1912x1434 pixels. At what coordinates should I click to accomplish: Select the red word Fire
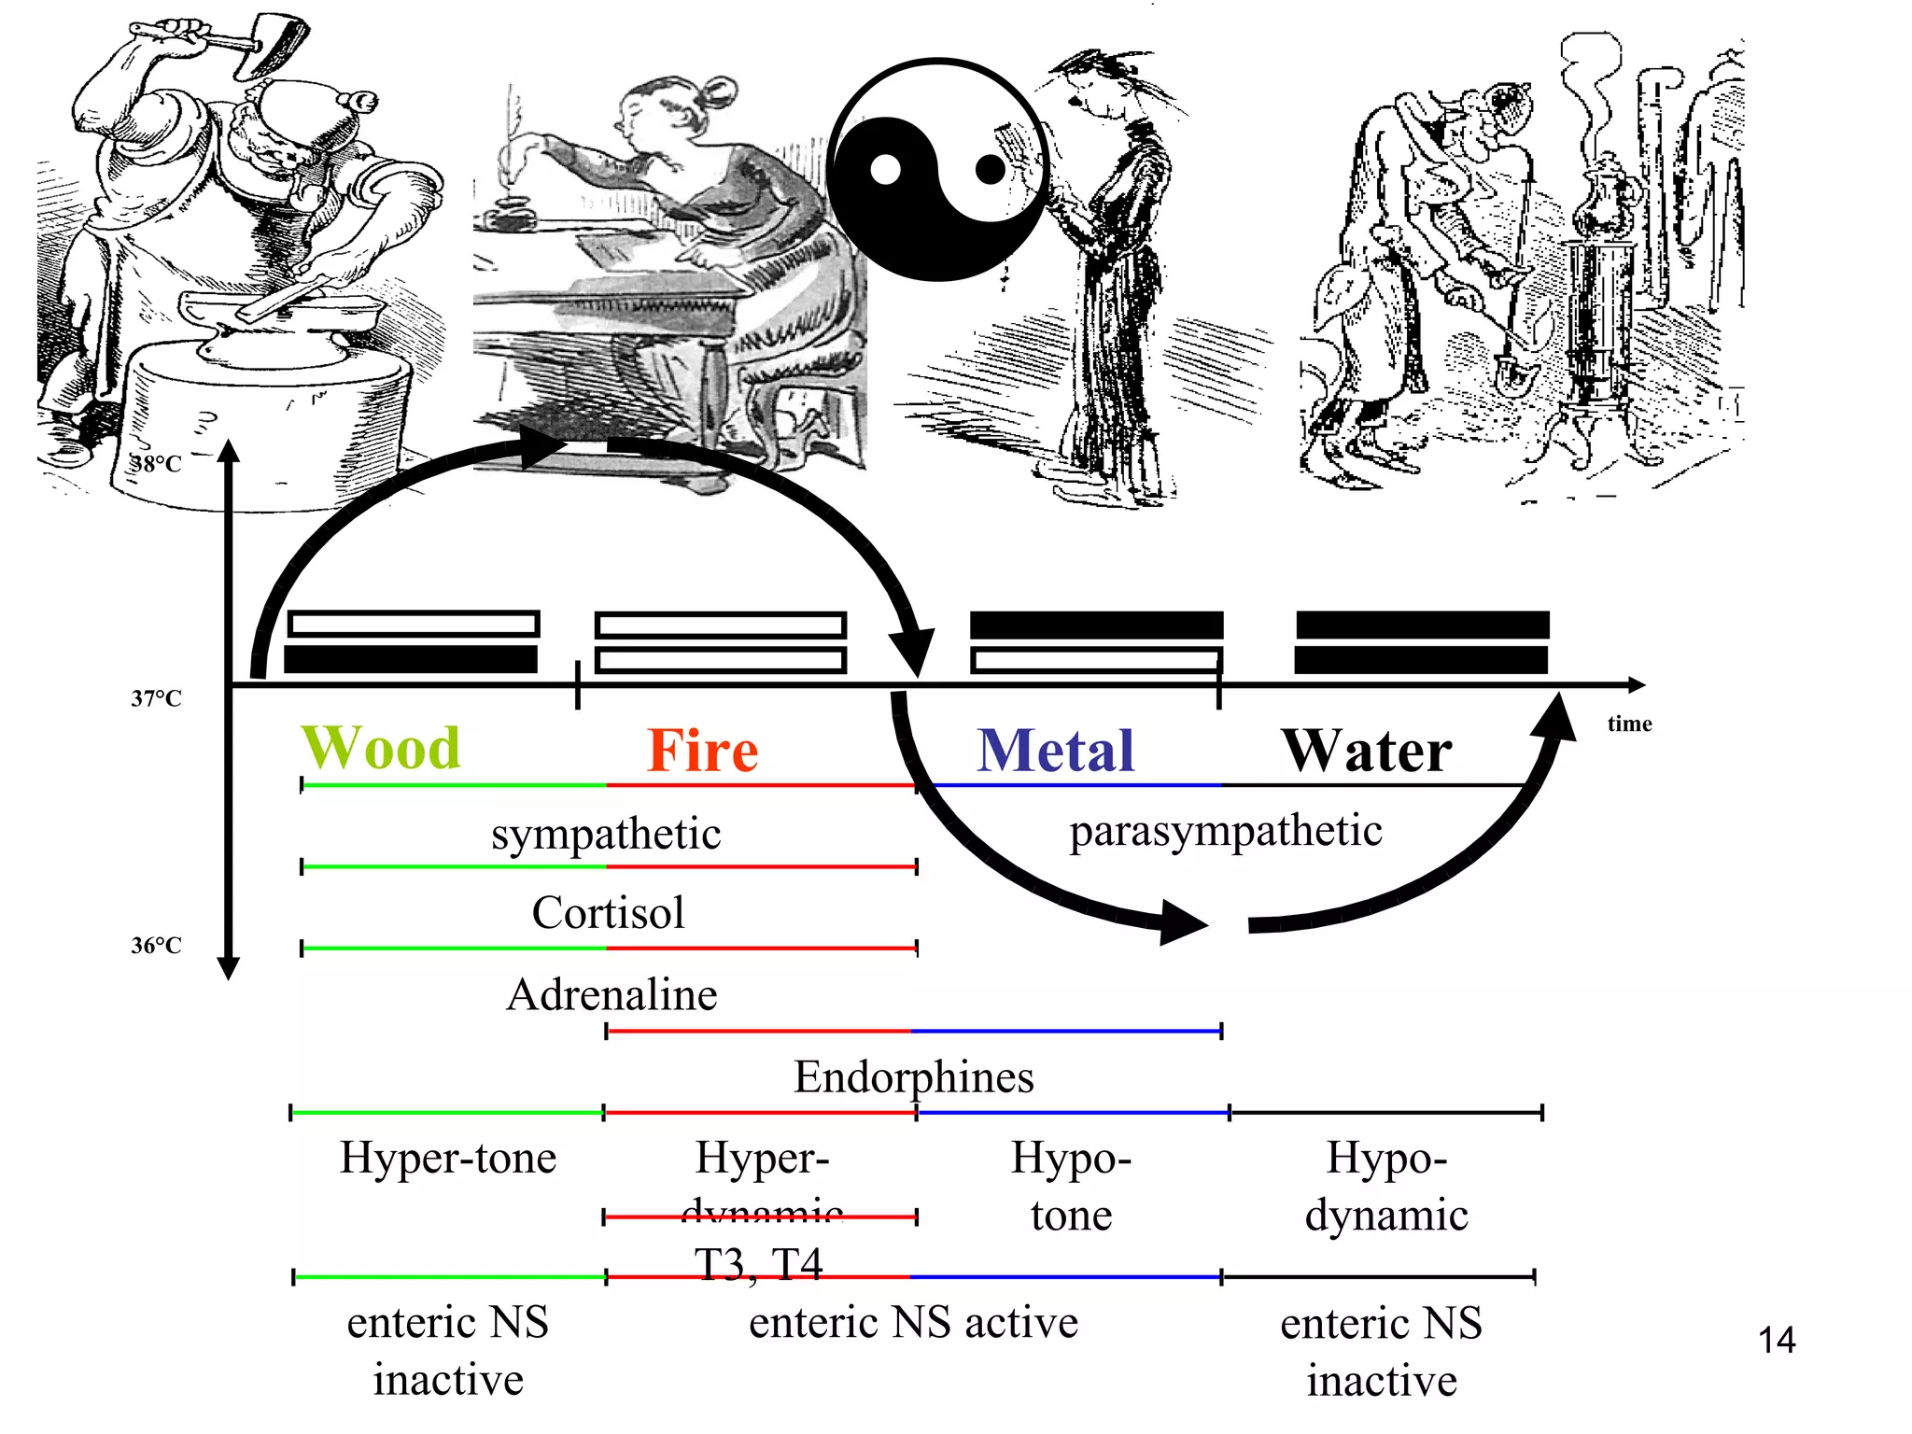pyautogui.click(x=703, y=751)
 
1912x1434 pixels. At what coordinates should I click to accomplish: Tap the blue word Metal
pyautogui.click(x=1056, y=751)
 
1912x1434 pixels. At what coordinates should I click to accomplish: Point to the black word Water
pyautogui.click(x=1367, y=751)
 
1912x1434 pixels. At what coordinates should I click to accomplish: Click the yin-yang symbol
pyautogui.click(x=938, y=169)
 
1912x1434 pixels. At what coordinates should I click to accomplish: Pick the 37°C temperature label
pyautogui.click(x=156, y=698)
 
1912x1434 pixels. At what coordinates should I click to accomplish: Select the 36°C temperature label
pyautogui.click(x=156, y=946)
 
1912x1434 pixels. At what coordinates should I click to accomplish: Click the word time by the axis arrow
pyautogui.click(x=1629, y=724)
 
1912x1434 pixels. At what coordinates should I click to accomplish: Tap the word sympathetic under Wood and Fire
pyautogui.click(x=606, y=834)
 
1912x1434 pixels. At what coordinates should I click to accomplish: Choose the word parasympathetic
pyautogui.click(x=1225, y=830)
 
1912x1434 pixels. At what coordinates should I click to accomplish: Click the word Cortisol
pyautogui.click(x=608, y=912)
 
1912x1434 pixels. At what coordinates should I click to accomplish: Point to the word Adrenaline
pyautogui.click(x=612, y=994)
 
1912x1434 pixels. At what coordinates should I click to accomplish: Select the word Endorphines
pyautogui.click(x=914, y=1076)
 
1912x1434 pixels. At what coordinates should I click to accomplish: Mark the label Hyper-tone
pyautogui.click(x=448, y=1158)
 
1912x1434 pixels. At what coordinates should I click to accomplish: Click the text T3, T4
pyautogui.click(x=758, y=1264)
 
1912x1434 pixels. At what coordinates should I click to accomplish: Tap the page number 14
pyautogui.click(x=1777, y=1341)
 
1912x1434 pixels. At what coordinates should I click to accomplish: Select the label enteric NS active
pyautogui.click(x=913, y=1323)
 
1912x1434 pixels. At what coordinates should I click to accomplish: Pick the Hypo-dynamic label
pyautogui.click(x=1386, y=1186)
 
